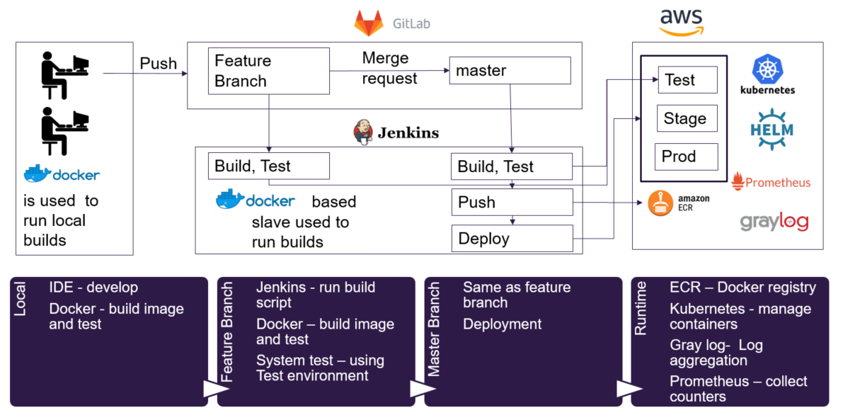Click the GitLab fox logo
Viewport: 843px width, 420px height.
pyautogui.click(x=369, y=23)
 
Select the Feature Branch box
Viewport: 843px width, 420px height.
pyautogui.click(x=268, y=71)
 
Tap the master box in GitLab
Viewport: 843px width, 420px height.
pyautogui.click(x=510, y=71)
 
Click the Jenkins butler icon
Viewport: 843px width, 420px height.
pyautogui.click(x=362, y=132)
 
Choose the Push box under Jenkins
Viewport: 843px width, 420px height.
pyautogui.click(x=511, y=202)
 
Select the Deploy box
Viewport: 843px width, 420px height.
pyautogui.click(x=511, y=238)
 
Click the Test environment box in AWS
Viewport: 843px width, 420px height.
pyautogui.click(x=687, y=80)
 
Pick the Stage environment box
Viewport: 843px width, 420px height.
pyautogui.click(x=687, y=118)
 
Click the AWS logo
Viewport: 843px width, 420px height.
pyautogui.click(x=681, y=21)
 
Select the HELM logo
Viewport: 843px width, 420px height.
pyautogui.click(x=772, y=129)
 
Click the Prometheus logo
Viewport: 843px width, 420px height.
pyautogui.click(x=771, y=182)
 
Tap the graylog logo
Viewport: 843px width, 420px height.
pyautogui.click(x=774, y=222)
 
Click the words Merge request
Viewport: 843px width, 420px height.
pyautogui.click(x=389, y=68)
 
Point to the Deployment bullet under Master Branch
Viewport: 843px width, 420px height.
pyautogui.click(x=502, y=324)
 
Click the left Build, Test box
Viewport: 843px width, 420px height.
pyautogui.click(x=268, y=166)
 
